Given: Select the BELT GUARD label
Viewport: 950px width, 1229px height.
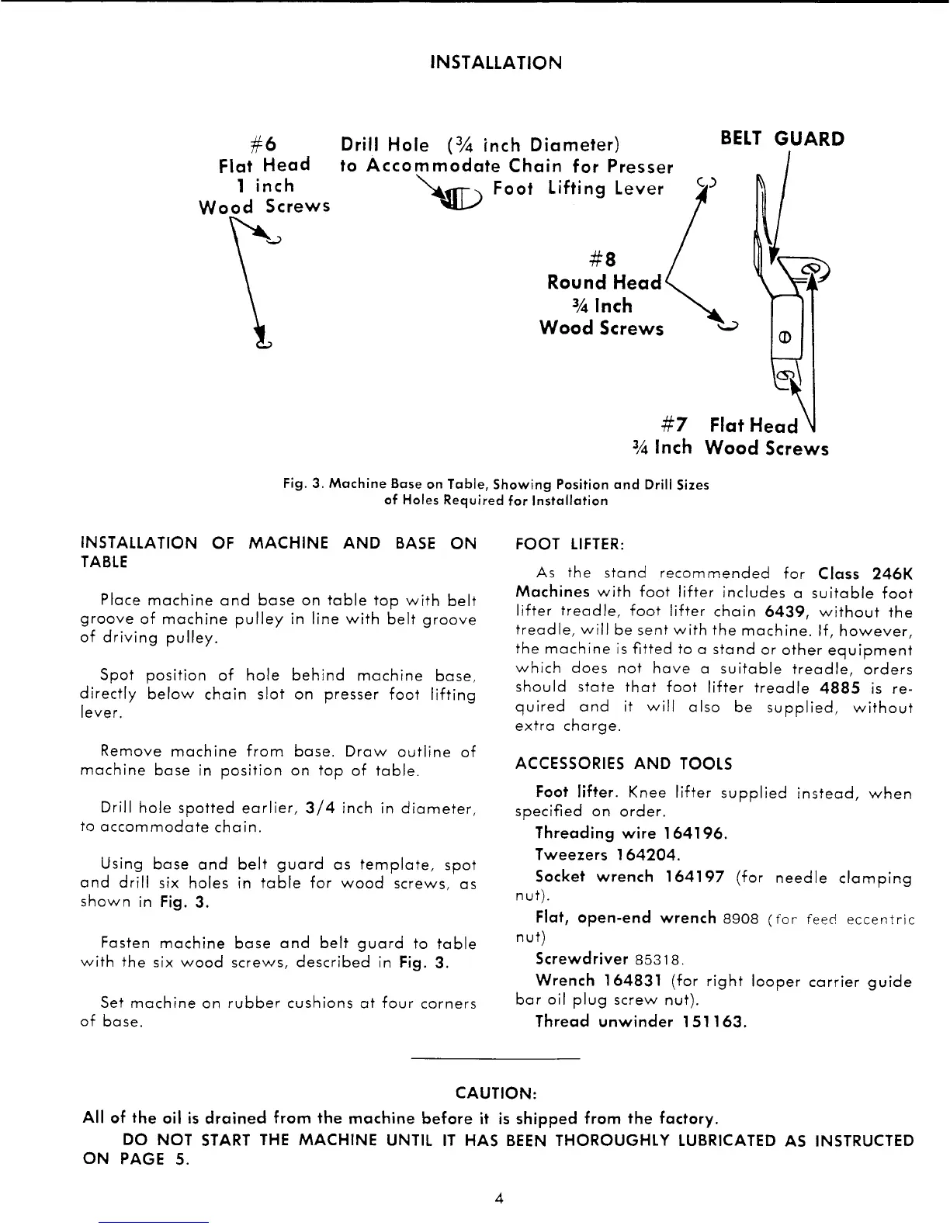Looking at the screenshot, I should [x=782, y=139].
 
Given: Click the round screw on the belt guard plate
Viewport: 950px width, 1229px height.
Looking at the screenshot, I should [x=784, y=338].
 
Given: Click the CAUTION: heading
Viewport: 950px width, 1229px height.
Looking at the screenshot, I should [x=496, y=1093].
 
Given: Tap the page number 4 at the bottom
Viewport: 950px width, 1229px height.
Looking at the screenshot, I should [x=499, y=1198].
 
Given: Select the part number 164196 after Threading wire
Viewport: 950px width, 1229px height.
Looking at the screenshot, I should [x=694, y=833].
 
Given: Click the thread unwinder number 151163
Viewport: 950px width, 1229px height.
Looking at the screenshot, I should [x=710, y=1021].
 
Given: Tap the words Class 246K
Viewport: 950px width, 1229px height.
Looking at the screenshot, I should [x=865, y=574].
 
